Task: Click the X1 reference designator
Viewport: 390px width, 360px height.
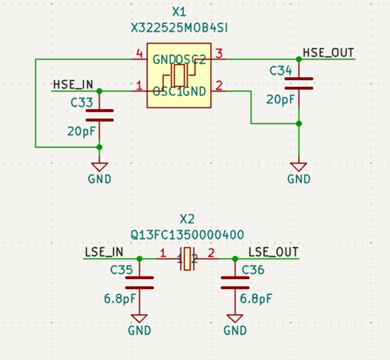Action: point(179,12)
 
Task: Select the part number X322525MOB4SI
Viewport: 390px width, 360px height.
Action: point(179,28)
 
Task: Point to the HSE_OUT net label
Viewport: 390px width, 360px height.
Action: point(328,52)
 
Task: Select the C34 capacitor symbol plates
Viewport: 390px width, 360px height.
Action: point(299,83)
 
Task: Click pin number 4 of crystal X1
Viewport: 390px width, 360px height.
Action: point(138,53)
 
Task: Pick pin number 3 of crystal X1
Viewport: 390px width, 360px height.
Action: point(219,53)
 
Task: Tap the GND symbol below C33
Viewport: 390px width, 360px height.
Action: point(99,167)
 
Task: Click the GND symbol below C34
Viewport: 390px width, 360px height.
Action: point(299,167)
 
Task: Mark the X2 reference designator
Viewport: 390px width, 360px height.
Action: point(187,219)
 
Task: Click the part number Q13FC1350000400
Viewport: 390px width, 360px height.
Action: point(187,235)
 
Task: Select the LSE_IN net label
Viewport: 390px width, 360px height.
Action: point(104,252)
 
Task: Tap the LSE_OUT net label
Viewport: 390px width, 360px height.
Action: point(273,252)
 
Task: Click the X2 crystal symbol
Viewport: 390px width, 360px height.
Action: point(188,259)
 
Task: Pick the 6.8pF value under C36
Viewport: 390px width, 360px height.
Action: point(256,299)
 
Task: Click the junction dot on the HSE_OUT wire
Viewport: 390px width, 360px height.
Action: point(299,59)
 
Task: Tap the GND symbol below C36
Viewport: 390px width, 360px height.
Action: point(235,319)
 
